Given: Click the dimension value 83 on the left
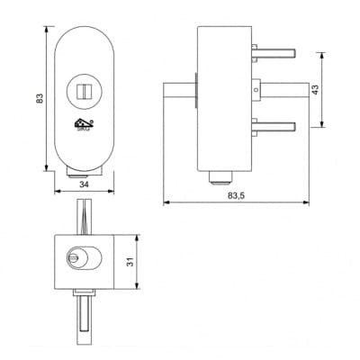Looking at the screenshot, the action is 40,98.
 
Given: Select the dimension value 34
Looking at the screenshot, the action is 85,184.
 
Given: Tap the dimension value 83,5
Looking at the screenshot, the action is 237,195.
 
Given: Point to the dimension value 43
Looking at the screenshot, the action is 315,90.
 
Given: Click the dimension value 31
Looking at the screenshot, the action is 130,262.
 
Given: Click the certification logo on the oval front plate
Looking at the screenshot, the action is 85,124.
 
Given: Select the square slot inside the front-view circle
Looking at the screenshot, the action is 84,91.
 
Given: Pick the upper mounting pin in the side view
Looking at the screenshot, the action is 274,53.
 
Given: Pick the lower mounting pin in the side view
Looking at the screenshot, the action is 274,127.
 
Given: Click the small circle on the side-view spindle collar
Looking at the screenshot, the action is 256,89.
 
